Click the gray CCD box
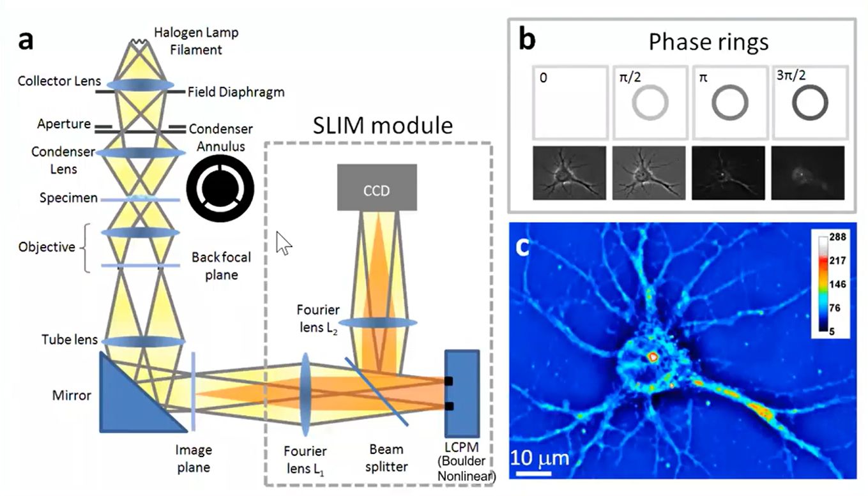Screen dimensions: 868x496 [x=377, y=188]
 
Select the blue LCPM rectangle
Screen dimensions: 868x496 [x=462, y=394]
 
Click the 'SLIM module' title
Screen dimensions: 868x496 [x=383, y=126]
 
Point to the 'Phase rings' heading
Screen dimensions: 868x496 [x=708, y=42]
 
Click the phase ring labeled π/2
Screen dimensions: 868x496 [x=650, y=103]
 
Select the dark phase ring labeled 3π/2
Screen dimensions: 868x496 [x=810, y=103]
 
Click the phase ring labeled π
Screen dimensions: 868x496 [x=730, y=103]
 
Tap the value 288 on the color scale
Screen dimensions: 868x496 [x=837, y=237]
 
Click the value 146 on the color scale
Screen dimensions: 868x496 [x=837, y=284]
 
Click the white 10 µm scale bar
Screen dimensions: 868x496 [x=533, y=474]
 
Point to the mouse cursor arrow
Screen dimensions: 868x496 [x=283, y=243]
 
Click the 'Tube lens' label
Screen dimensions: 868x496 [x=70, y=340]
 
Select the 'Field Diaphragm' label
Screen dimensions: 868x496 [x=236, y=92]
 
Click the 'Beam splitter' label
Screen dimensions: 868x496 [x=386, y=458]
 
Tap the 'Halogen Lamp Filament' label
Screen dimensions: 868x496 [x=196, y=41]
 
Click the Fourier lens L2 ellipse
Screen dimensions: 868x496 [x=378, y=322]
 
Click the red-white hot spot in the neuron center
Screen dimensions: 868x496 [x=653, y=357]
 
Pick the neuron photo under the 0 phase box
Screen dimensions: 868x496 [x=569, y=173]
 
